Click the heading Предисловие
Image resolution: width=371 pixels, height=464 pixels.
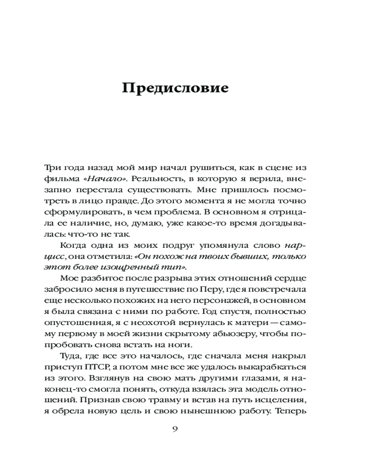pos(175,89)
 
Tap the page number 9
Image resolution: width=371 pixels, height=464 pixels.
pos(175,429)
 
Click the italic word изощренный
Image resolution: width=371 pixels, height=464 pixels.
pos(127,268)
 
